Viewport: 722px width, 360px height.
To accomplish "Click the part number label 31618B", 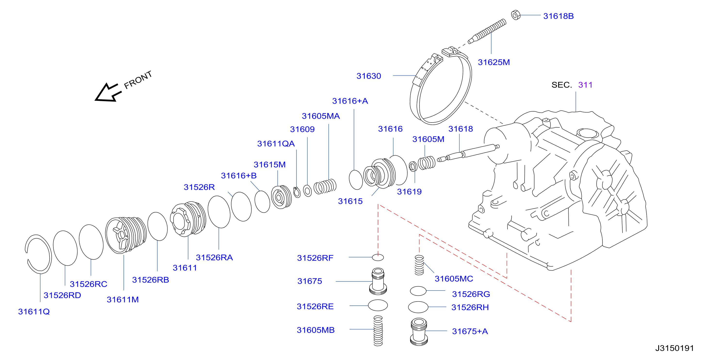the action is tap(558, 16).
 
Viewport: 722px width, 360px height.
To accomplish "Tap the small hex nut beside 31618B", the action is tap(516, 15).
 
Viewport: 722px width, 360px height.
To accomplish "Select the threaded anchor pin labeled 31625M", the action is tap(487, 31).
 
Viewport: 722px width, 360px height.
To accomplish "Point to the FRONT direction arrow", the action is tap(108, 92).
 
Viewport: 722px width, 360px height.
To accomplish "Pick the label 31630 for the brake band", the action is tap(369, 76).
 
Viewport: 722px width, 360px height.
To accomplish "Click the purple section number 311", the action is tap(585, 85).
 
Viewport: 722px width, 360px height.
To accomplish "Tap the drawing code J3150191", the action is tap(674, 348).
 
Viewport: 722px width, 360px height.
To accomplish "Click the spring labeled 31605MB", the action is tap(378, 331).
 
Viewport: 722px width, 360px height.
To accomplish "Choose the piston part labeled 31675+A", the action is tap(419, 331).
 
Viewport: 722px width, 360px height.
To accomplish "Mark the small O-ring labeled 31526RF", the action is tap(378, 257).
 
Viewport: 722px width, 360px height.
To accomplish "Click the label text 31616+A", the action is tap(350, 101).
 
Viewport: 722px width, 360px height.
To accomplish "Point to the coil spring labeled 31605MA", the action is tap(325, 186).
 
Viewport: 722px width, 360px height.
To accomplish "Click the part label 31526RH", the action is tap(470, 307).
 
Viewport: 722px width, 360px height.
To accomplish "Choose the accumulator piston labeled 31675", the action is tap(378, 281).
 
